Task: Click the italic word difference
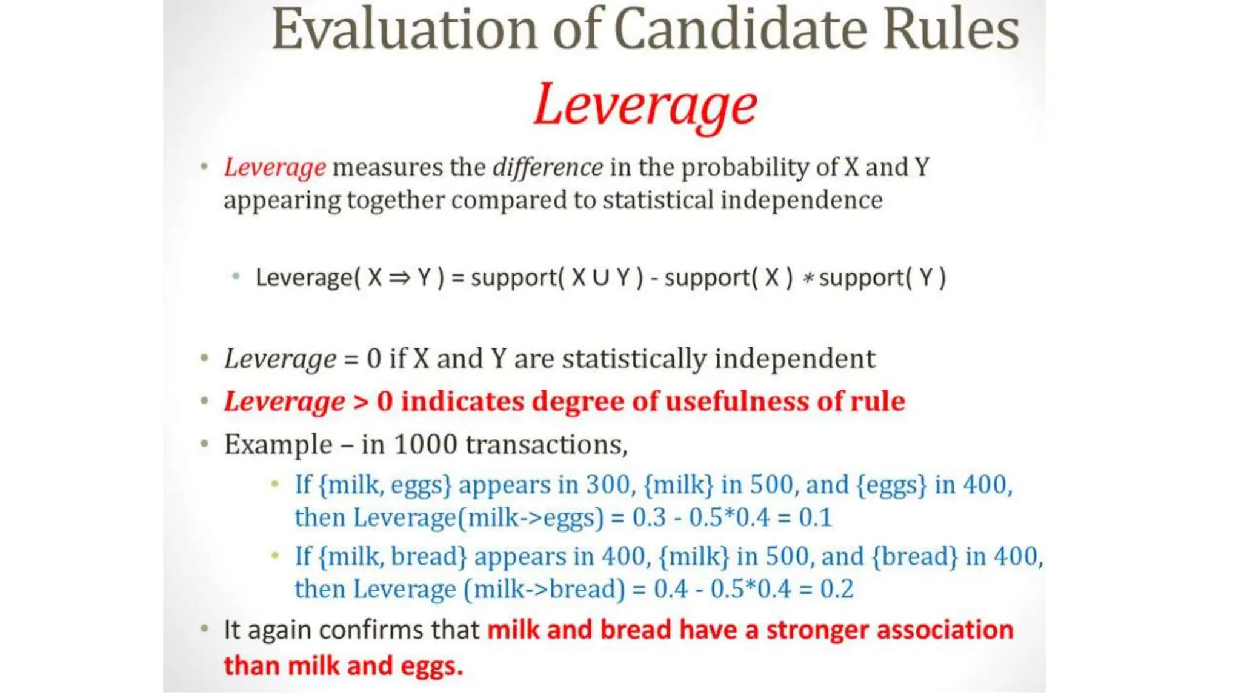click(547, 168)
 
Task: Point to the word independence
click(801, 200)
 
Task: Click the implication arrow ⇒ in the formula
click(399, 278)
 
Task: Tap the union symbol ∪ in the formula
click(601, 278)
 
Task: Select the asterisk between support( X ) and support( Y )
click(807, 279)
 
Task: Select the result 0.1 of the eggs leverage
click(815, 517)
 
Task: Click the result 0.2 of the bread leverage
click(836, 589)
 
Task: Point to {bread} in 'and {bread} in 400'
click(914, 556)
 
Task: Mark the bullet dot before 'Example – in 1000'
click(205, 444)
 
